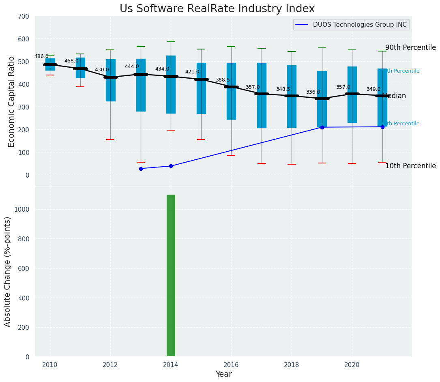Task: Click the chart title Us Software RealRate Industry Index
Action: [217, 9]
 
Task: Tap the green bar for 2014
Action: [171, 276]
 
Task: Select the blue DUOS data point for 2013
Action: [141, 169]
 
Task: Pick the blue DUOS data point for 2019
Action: [322, 127]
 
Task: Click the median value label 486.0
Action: [41, 56]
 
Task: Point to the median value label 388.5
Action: [223, 80]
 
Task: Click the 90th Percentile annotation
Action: [410, 47]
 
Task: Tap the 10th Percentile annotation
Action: [410, 166]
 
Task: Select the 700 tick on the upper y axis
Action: [24, 16]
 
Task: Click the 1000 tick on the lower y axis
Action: [21, 210]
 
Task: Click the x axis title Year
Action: [223, 374]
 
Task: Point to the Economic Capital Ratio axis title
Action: [11, 101]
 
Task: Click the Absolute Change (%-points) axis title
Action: [8, 271]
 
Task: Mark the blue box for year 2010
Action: [50, 64]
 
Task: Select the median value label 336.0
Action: [313, 92]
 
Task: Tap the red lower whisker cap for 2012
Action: [110, 139]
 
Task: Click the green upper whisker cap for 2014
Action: [171, 42]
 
